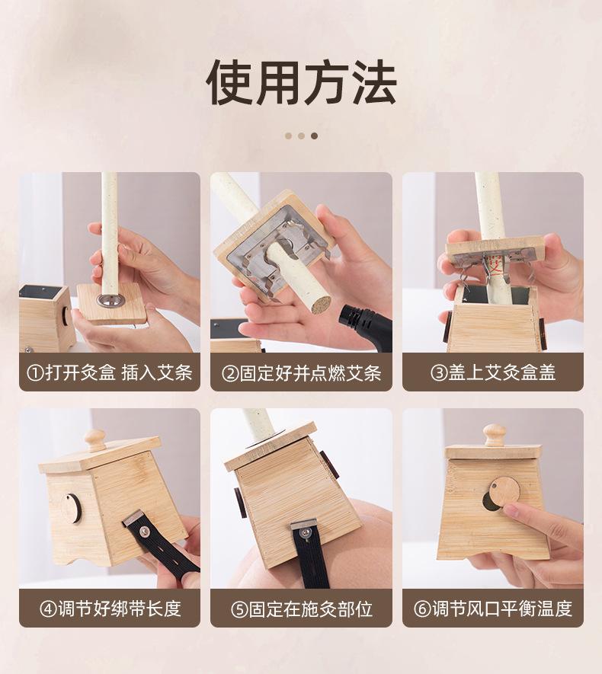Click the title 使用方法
301,83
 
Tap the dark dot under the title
314,136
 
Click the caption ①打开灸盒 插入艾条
110,372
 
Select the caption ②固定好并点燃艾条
302,372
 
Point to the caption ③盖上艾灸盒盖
493,372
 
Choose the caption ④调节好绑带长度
110,609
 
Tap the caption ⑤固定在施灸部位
302,609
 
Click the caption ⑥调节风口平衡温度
493,609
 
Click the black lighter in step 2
366,327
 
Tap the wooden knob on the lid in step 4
94,440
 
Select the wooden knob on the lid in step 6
494,436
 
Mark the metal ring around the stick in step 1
110,299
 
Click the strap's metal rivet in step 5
305,533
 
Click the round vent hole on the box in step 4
71,509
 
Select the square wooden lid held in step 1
112,302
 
